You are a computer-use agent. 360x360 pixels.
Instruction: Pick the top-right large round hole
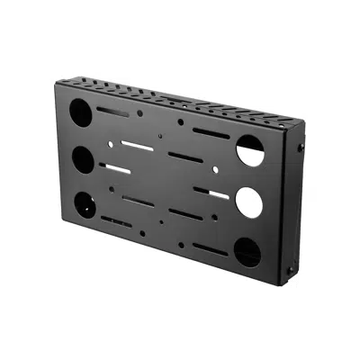click(x=248, y=148)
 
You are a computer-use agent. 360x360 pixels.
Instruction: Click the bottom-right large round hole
click(x=248, y=253)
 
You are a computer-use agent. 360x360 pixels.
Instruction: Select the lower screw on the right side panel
click(x=290, y=267)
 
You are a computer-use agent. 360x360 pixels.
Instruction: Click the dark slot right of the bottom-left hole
click(x=118, y=220)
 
